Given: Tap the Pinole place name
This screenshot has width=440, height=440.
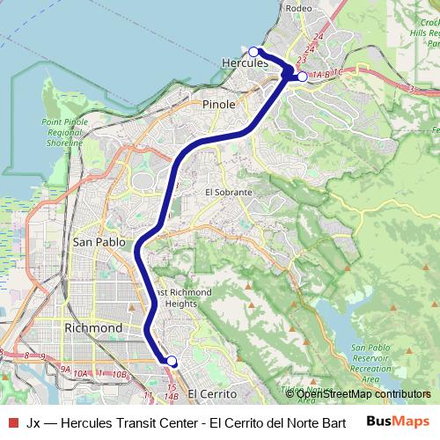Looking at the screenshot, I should coord(219,104).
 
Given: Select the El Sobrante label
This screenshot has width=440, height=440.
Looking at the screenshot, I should coord(229,192).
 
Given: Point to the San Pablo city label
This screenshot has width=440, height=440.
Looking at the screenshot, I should coord(99,242).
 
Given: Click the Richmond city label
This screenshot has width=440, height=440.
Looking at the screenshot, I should coord(93,328).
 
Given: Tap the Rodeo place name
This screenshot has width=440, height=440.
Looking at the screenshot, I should coord(298,9).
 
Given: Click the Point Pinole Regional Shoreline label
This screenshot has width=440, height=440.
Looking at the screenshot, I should coord(63,132).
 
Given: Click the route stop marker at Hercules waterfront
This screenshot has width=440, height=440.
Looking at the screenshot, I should coord(253,51).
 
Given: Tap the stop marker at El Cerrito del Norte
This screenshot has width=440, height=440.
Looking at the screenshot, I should coord(172,361).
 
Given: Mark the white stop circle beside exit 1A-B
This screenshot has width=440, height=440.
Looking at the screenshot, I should coord(302,77).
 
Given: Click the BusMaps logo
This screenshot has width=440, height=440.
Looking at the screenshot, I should coord(398,422).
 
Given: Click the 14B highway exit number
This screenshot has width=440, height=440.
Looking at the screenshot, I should coord(172,397).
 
